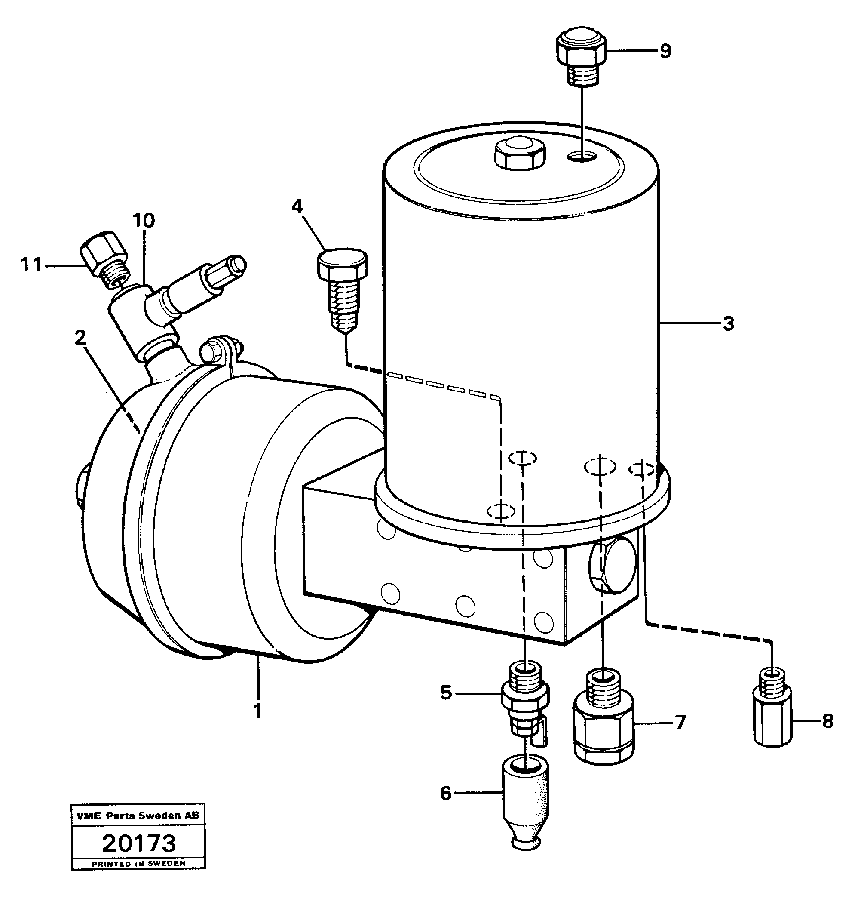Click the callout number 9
tap(665, 51)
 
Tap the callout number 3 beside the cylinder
tap(729, 323)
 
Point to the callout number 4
tap(297, 206)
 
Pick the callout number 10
tap(144, 221)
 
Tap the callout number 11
tap(31, 265)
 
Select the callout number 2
tap(80, 338)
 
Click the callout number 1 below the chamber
tap(258, 711)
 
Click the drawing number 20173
tap(138, 843)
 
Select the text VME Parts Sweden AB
tap(138, 816)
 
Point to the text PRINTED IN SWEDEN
tap(138, 864)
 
